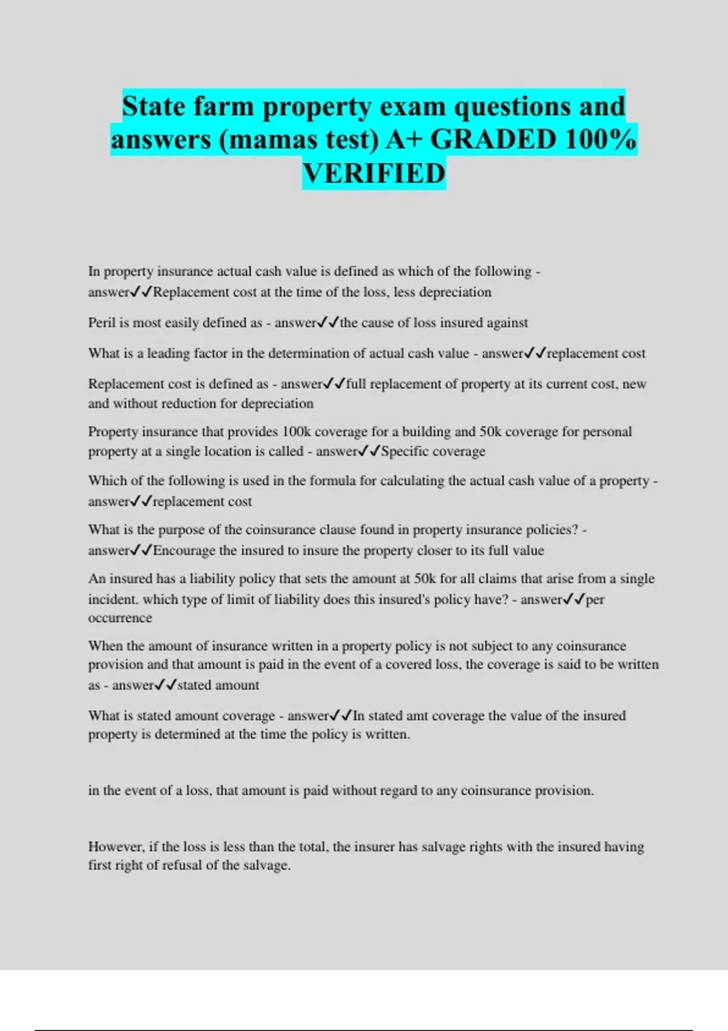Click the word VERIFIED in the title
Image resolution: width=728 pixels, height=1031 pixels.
374,173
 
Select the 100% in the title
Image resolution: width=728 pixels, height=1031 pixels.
601,139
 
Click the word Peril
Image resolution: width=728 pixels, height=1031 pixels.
101,323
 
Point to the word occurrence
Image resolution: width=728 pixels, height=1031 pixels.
120,618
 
